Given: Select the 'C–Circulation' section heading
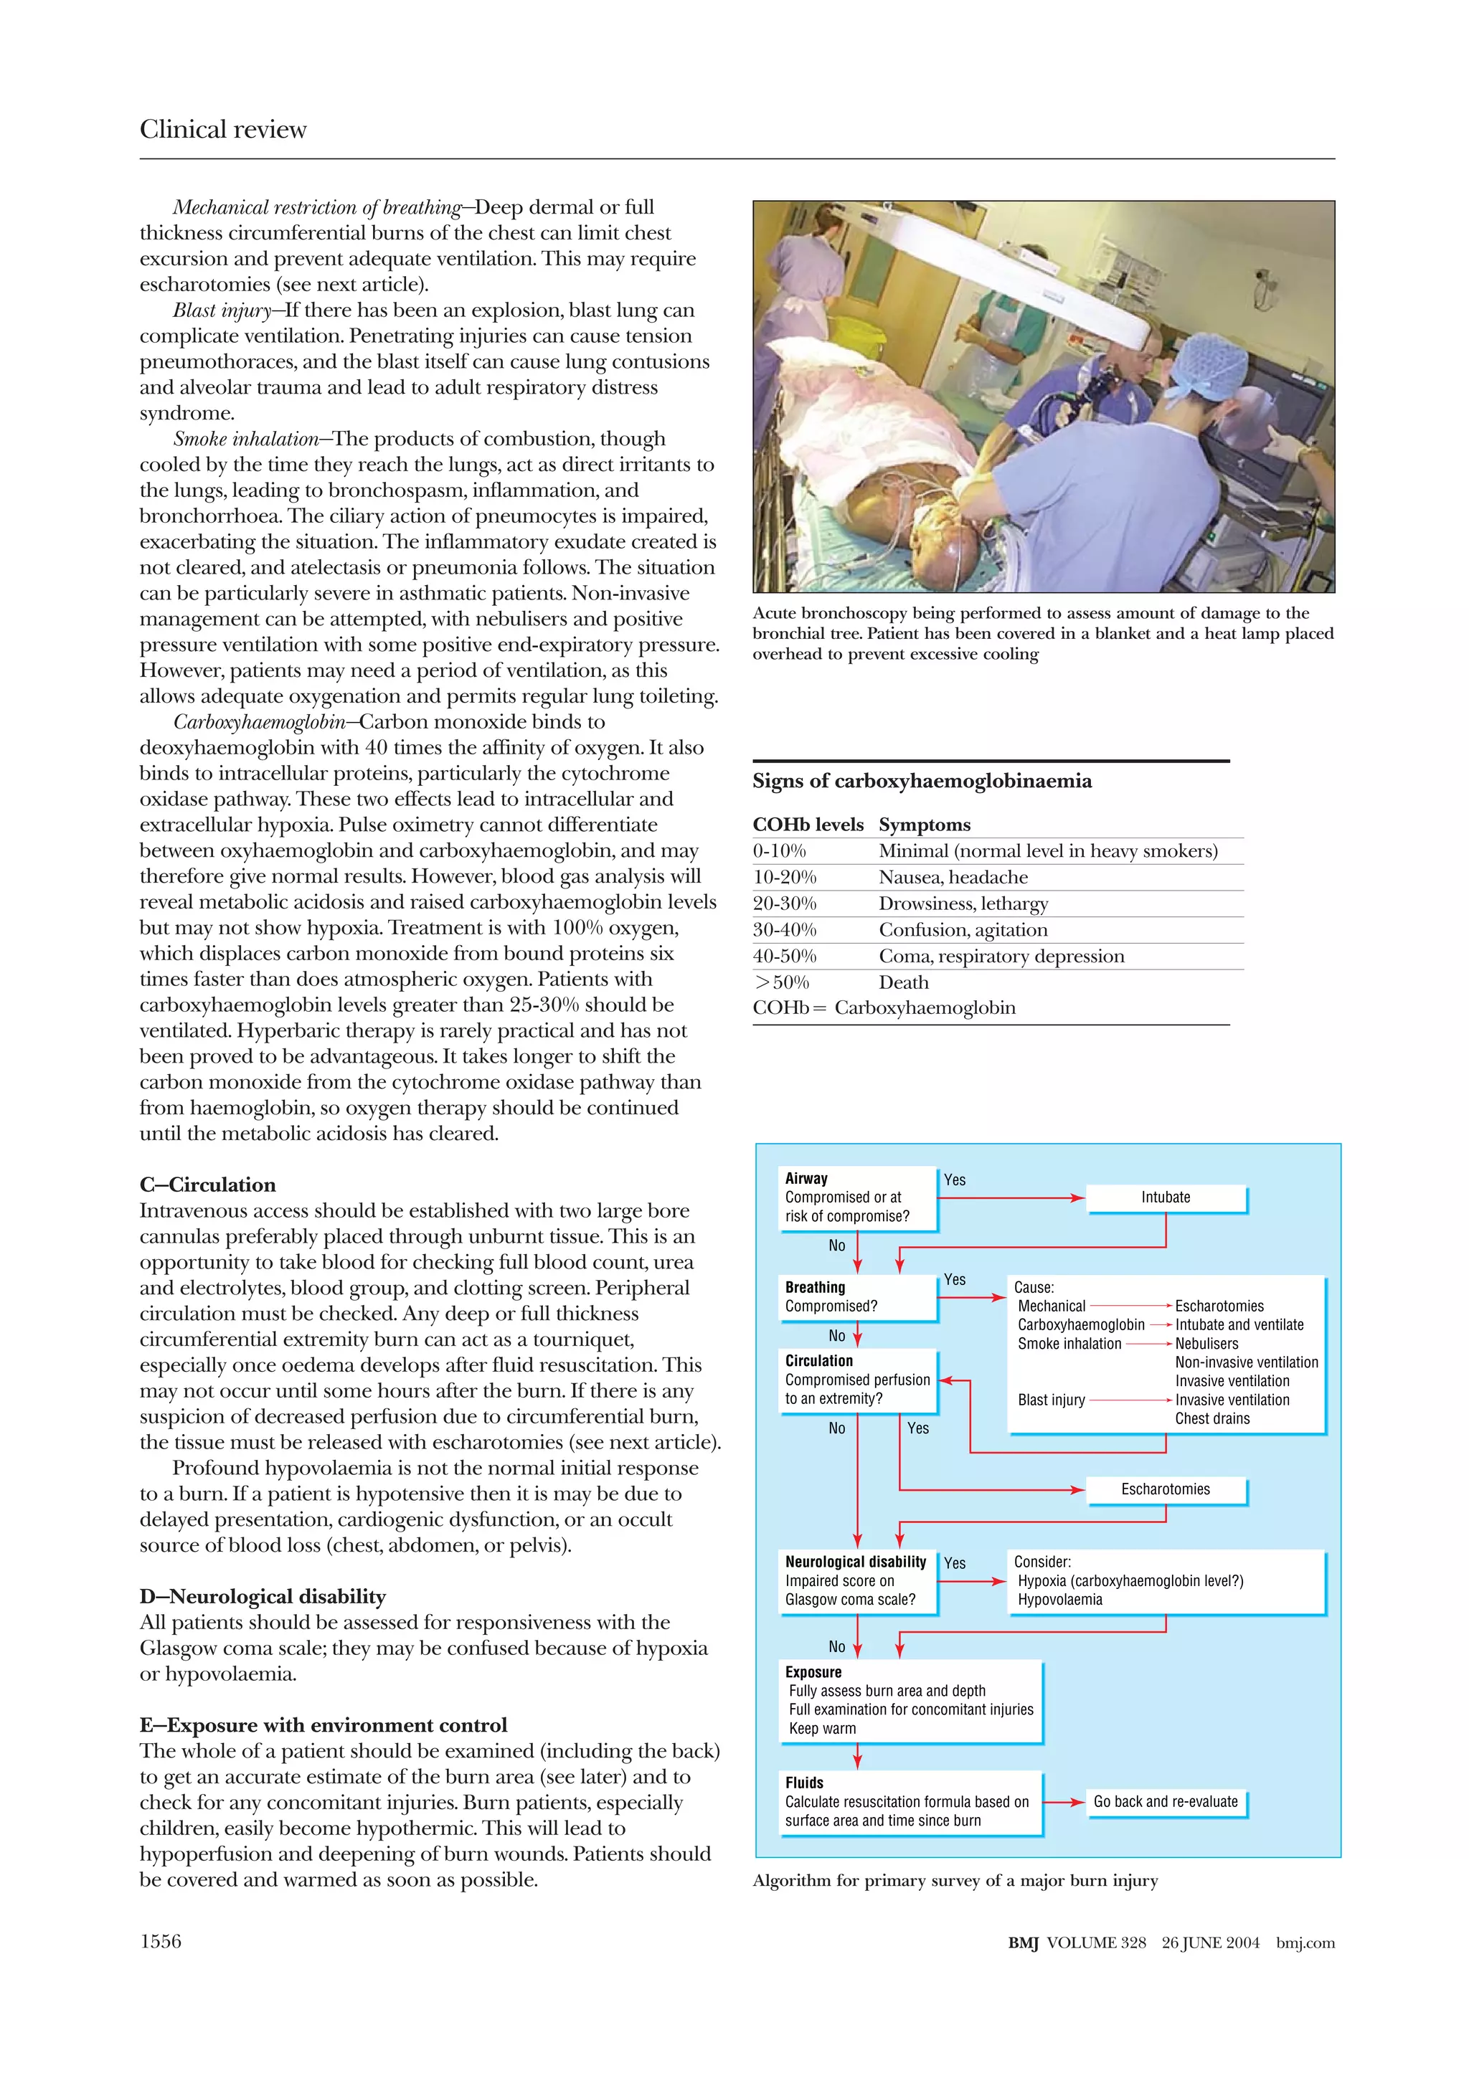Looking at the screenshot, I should point(207,1185).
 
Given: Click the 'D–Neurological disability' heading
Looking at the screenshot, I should point(263,1597).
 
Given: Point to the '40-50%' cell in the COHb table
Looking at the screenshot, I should point(784,957).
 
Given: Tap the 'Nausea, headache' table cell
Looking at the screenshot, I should point(953,877).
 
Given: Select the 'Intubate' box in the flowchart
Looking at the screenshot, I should point(1165,1197).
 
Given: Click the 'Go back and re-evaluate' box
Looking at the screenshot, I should point(1165,1801).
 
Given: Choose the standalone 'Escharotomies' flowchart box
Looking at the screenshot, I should point(1165,1489).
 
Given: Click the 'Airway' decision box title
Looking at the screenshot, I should point(806,1178).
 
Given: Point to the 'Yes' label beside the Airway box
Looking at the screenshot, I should point(954,1180).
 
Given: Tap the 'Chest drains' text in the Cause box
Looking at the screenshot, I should point(1212,1419).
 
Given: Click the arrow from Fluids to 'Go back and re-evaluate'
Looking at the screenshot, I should point(1064,1802).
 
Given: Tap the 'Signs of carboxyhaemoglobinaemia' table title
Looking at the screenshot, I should point(922,781).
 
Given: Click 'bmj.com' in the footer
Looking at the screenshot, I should point(1305,1942).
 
